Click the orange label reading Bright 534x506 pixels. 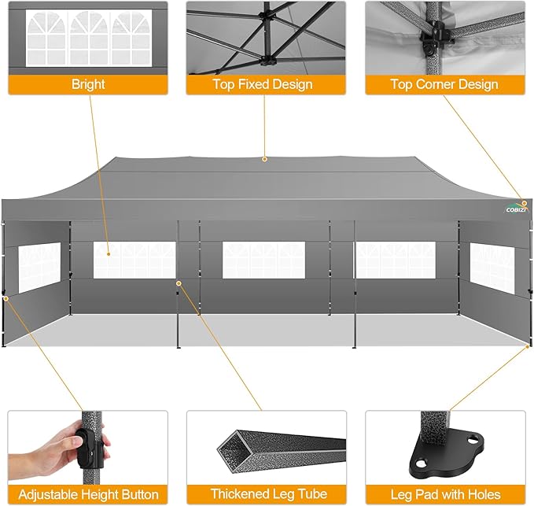[88, 85]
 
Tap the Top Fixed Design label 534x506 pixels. [265, 85]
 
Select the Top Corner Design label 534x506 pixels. [444, 85]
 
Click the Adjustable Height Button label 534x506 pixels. [88, 495]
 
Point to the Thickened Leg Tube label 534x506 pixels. [265, 495]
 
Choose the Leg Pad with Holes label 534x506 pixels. [444, 495]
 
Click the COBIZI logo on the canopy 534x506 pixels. [514, 209]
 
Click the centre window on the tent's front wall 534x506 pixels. [263, 260]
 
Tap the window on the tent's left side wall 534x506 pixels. [39, 268]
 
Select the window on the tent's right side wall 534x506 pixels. [492, 268]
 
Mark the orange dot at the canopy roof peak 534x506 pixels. [265, 159]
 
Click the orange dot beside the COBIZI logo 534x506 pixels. [524, 203]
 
